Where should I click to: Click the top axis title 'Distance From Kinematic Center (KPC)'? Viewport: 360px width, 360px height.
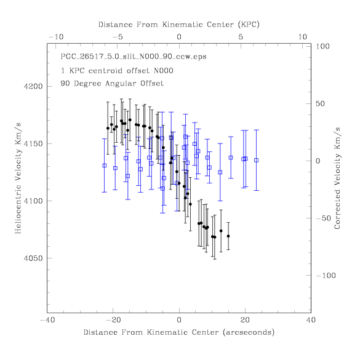(179, 25)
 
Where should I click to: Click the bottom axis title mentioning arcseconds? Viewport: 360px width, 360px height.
(179, 332)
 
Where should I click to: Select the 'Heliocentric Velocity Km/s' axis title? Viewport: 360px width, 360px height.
(18, 178)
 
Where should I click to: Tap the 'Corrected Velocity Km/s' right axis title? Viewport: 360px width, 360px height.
(337, 178)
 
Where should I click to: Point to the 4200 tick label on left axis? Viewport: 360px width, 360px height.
(33, 87)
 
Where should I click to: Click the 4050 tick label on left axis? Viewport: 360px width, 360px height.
(33, 258)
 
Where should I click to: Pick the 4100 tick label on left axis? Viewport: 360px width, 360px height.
(33, 201)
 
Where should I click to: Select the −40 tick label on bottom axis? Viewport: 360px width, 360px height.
(47, 320)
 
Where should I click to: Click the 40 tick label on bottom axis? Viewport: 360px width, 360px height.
(311, 320)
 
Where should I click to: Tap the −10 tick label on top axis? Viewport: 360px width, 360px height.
(56, 37)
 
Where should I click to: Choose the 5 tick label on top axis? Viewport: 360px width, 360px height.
(241, 37)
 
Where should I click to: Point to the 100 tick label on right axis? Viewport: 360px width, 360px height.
(322, 46)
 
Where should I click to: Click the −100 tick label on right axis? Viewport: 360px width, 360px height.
(326, 275)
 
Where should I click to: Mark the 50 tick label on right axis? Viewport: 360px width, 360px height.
(320, 103)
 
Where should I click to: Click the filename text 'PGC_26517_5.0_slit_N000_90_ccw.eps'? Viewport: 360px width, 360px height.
(134, 57)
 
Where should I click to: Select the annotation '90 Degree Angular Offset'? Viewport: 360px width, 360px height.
(112, 83)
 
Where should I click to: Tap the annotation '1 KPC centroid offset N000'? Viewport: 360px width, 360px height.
(117, 71)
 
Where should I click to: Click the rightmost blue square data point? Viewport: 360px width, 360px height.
(256, 160)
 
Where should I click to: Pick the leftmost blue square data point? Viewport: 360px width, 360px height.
(105, 166)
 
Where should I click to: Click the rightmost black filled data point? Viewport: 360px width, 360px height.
(228, 236)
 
